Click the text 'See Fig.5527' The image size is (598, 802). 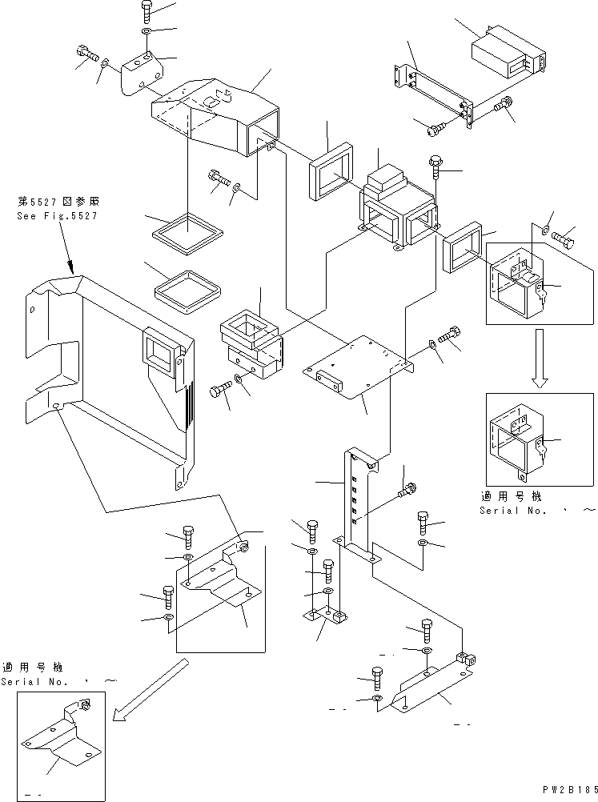click(x=58, y=216)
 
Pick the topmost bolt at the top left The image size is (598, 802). click(x=149, y=10)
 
